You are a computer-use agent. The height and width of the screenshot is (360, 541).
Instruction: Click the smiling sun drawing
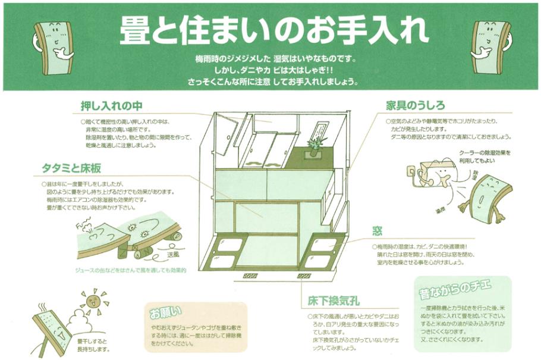click(94, 298)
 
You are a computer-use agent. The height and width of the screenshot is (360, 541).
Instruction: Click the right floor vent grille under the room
click(304, 276)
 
